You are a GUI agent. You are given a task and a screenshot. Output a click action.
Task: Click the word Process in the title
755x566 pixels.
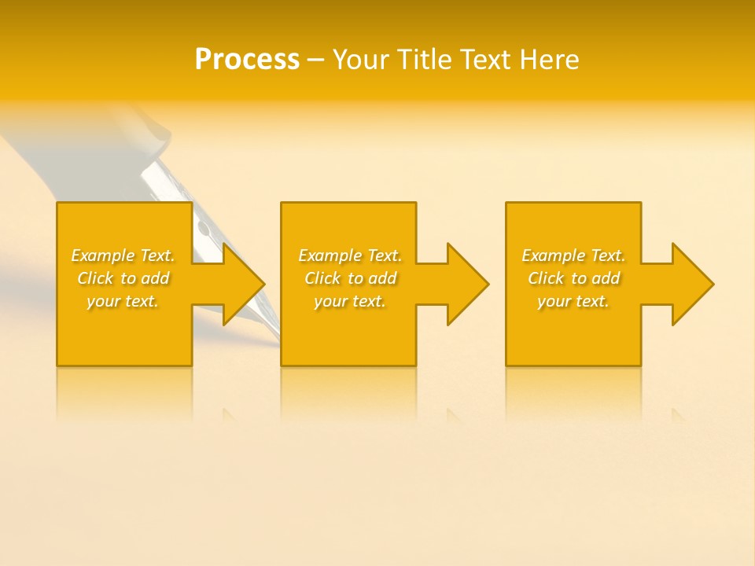[247, 60]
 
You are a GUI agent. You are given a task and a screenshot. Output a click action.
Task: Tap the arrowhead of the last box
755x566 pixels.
[691, 284]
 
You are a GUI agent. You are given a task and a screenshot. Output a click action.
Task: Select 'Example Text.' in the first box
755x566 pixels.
[123, 255]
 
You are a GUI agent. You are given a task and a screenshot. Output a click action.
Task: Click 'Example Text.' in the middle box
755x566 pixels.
[349, 255]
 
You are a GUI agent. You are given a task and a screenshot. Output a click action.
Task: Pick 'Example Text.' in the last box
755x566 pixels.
[573, 255]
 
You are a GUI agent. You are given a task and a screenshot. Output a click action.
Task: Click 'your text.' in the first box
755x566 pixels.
[123, 301]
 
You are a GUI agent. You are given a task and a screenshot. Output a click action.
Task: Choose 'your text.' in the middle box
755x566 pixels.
[349, 301]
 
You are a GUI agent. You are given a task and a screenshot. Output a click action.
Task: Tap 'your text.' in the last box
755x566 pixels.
[573, 301]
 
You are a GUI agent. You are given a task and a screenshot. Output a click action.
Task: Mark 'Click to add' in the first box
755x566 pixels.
[123, 278]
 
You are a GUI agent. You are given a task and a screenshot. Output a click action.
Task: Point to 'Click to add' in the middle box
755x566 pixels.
[349, 278]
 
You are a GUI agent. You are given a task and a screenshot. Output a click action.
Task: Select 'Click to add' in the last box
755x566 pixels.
[573, 278]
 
